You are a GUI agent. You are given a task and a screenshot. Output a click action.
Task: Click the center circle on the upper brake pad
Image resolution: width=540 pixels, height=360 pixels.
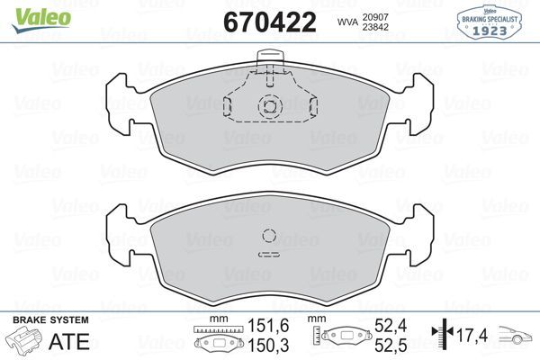(x=269, y=106)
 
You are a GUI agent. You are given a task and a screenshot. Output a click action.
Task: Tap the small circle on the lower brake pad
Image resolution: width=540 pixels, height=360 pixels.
(x=269, y=237)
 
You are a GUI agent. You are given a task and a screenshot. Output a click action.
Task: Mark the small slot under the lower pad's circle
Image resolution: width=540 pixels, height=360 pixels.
(x=269, y=255)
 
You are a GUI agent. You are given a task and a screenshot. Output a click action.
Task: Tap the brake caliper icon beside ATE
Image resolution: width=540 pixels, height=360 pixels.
(x=24, y=342)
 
